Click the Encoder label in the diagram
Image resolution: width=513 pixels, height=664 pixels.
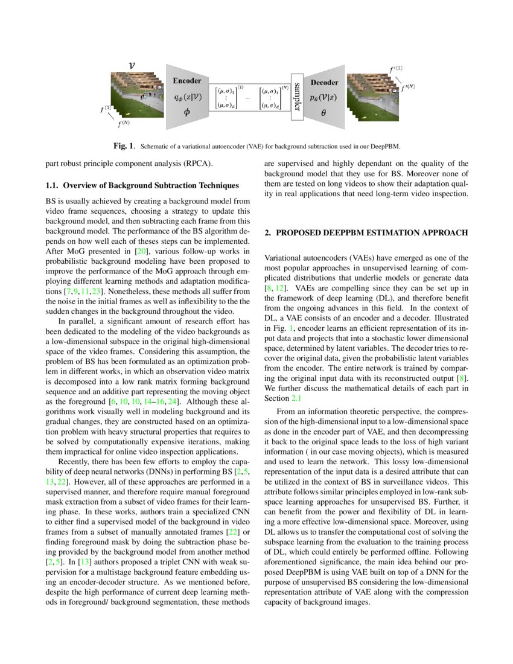pos(187,80)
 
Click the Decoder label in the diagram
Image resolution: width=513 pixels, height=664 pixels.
pos(323,82)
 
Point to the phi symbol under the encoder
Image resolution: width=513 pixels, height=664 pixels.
pos(186,112)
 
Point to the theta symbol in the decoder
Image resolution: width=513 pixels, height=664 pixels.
pos(323,111)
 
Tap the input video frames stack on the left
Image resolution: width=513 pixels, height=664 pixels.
pos(136,95)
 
